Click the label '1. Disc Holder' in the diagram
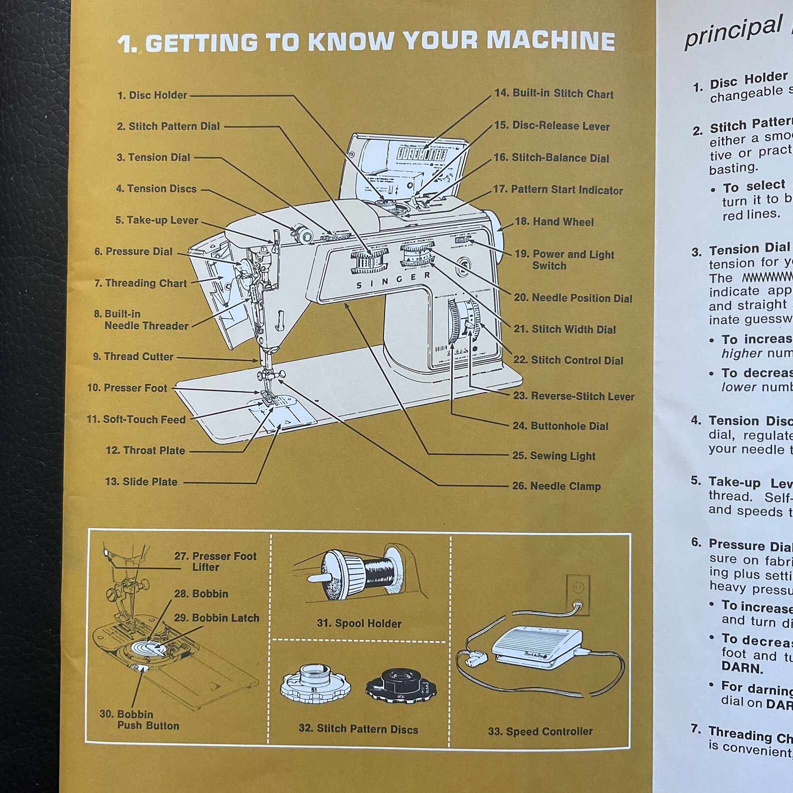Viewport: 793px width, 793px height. [x=152, y=95]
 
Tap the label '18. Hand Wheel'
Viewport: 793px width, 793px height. [x=554, y=222]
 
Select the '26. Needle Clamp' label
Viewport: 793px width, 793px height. [x=556, y=486]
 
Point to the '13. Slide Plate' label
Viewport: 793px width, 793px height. [x=141, y=482]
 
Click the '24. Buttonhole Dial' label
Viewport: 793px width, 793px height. [x=560, y=426]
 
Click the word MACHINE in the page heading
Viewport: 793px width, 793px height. [x=550, y=41]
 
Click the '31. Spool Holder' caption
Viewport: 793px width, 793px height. [x=359, y=623]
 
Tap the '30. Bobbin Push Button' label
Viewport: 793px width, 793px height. [x=139, y=720]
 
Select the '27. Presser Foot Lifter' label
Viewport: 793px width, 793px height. [x=215, y=561]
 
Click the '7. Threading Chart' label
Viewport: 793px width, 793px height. [x=140, y=283]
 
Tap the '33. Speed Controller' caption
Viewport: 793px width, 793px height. [x=540, y=731]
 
